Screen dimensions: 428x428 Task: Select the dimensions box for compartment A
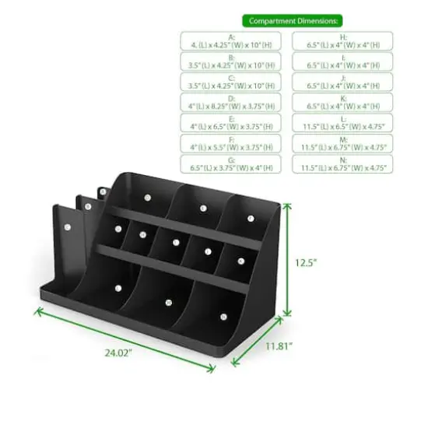coord(231,41)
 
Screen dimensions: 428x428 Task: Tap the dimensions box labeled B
coord(231,61)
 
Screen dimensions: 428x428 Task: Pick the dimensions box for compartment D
coord(231,102)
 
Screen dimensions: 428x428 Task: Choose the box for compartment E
coord(231,123)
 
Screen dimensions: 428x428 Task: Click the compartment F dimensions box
coord(231,143)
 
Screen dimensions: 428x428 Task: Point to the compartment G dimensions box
coord(231,163)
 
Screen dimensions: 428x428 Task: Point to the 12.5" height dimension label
coord(307,263)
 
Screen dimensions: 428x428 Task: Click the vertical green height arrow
coord(287,257)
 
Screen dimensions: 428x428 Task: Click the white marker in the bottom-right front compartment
coord(221,317)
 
